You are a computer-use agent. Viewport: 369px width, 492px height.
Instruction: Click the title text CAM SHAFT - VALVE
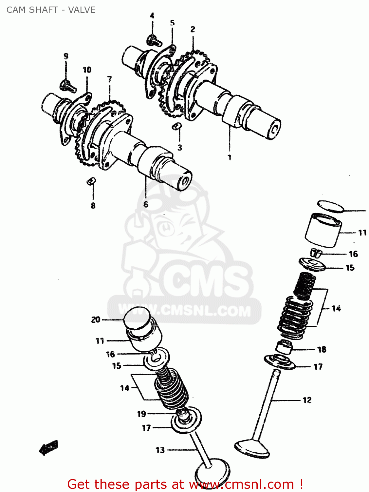click(x=51, y=10)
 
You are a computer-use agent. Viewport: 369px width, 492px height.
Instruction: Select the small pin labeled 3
click(x=177, y=126)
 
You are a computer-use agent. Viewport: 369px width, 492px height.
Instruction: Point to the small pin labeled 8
click(x=91, y=181)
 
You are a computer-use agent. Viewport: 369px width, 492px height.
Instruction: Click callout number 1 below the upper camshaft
click(x=230, y=157)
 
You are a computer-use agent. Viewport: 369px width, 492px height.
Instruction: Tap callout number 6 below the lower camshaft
click(x=146, y=204)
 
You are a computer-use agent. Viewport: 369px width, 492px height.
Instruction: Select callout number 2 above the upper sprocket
click(x=193, y=29)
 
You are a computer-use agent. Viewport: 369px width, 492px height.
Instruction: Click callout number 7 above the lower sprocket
click(x=109, y=79)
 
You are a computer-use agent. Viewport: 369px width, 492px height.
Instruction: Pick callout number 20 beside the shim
click(x=96, y=319)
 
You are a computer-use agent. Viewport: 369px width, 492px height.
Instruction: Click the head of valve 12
click(x=252, y=448)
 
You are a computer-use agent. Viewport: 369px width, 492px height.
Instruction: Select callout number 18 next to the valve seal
click(x=322, y=350)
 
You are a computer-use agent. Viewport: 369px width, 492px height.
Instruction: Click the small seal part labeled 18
click(x=284, y=347)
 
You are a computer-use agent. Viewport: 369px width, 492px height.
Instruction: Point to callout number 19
click(x=141, y=414)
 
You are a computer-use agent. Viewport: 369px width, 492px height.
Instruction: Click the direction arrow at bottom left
click(x=49, y=447)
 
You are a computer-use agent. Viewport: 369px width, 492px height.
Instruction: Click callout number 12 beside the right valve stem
click(x=307, y=400)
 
